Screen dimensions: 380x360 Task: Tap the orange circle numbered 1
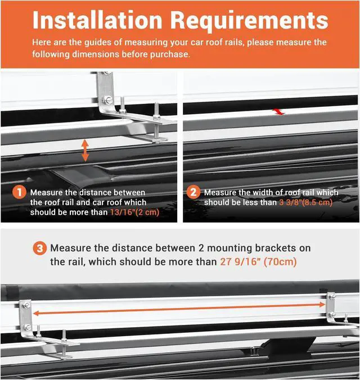click(19, 192)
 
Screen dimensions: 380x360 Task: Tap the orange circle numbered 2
click(193, 192)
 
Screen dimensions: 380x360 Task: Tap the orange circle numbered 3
click(40, 248)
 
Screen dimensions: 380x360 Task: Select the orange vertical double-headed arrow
click(85, 151)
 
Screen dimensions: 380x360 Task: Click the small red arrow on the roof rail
click(280, 112)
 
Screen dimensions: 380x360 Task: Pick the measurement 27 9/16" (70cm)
click(256, 262)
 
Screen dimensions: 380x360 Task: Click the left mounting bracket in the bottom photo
click(26, 318)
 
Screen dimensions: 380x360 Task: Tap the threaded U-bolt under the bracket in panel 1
click(156, 127)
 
